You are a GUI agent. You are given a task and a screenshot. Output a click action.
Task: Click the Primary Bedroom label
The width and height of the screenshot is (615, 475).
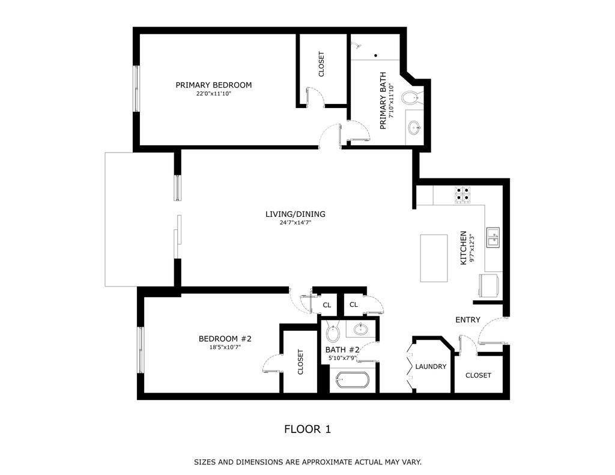pyautogui.click(x=213, y=85)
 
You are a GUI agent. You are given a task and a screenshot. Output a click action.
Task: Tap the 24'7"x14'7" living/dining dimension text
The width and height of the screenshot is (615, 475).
pyautogui.click(x=295, y=222)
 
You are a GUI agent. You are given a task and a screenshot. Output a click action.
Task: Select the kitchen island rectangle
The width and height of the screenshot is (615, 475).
pyautogui.click(x=434, y=258)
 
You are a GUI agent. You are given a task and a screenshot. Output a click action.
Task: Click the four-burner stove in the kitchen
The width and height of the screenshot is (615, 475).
pyautogui.click(x=462, y=194)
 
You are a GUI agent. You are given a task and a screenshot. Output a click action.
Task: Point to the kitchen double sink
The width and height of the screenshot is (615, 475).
pyautogui.click(x=492, y=237)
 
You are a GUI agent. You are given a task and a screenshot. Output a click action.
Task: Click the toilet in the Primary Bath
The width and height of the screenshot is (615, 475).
pyautogui.click(x=411, y=97)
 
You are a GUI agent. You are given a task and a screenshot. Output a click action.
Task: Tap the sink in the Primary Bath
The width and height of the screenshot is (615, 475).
pyautogui.click(x=414, y=127)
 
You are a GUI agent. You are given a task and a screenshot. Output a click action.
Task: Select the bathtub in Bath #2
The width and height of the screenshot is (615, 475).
pyautogui.click(x=353, y=380)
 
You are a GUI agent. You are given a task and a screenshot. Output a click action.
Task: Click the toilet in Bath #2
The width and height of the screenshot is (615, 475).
pyautogui.click(x=333, y=331)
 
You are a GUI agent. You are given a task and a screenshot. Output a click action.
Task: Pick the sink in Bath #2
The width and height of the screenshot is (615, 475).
pyautogui.click(x=362, y=329)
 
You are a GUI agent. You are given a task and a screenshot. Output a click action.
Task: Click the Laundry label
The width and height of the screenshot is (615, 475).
pyautogui.click(x=431, y=366)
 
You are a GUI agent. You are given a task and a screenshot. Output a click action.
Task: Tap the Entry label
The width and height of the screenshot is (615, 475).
pyautogui.click(x=467, y=319)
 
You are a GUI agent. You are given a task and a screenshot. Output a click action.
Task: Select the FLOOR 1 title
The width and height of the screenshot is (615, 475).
pyautogui.click(x=307, y=429)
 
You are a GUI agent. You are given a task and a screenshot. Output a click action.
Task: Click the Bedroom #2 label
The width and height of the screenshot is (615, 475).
pyautogui.click(x=225, y=339)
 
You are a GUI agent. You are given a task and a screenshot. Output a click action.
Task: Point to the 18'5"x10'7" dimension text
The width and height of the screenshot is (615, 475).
pyautogui.click(x=225, y=347)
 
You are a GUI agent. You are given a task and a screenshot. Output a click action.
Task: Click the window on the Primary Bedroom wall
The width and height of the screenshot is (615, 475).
pyautogui.click(x=136, y=88)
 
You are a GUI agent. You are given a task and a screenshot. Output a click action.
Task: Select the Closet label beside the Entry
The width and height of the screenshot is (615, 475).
pyautogui.click(x=478, y=375)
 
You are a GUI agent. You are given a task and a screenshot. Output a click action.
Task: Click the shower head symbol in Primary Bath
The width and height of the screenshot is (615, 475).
pyautogui.click(x=358, y=45)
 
